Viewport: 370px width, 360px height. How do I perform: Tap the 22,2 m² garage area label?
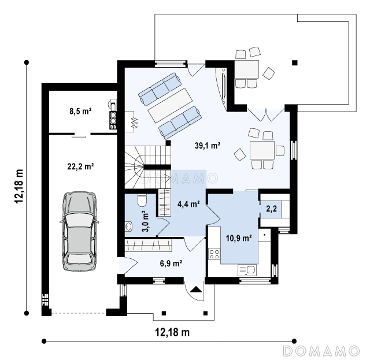[x=81, y=166]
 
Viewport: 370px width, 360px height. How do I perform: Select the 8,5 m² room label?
[x=80, y=111]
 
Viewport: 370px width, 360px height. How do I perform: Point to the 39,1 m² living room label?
[x=208, y=146]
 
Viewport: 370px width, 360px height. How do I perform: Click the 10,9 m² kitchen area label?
[x=239, y=238]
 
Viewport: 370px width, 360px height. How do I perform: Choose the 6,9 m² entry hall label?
[x=171, y=263]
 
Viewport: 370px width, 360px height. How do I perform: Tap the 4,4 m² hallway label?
[x=189, y=204]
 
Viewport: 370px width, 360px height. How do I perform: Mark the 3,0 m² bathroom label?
[x=146, y=221]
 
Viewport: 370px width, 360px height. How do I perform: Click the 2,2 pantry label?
[x=271, y=209]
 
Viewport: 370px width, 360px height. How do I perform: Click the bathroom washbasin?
[x=128, y=227]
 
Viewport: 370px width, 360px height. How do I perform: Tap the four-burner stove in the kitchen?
[x=214, y=254]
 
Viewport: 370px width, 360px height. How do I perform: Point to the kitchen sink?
[x=247, y=270]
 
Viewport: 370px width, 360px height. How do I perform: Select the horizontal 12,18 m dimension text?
[x=172, y=332]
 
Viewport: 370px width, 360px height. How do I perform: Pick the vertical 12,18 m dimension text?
[x=19, y=186]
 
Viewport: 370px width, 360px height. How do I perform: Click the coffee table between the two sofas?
[x=170, y=105]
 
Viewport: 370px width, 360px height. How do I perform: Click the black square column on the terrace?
[x=295, y=63]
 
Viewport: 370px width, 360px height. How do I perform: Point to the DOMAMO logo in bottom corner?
[x=321, y=351]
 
